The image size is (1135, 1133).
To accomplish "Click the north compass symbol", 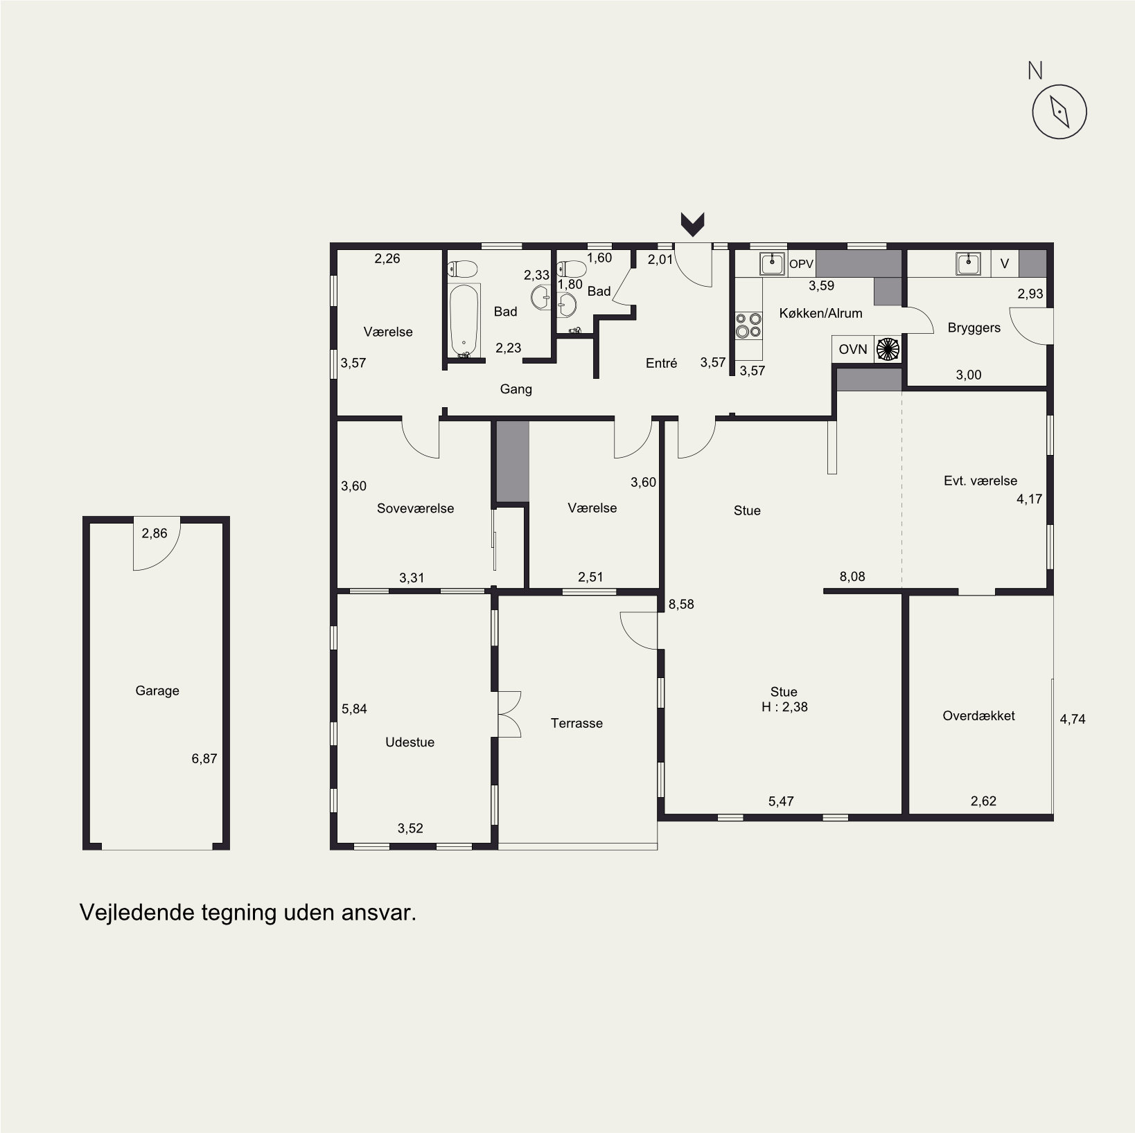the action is (1059, 111).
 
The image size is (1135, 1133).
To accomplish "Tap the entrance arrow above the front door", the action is (693, 223).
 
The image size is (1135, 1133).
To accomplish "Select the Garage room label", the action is (157, 690).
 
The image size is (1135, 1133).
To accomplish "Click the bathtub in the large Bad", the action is (464, 320).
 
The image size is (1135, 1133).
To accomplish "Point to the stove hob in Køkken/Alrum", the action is (748, 325).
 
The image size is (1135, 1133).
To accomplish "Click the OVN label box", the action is (853, 349).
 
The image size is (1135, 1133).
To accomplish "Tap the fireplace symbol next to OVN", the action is (888, 349).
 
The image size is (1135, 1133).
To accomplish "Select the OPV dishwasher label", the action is (801, 264).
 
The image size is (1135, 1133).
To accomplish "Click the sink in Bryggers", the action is (968, 263).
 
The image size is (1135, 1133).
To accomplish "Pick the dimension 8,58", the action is (680, 604).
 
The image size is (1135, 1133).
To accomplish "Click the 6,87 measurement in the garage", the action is (204, 758).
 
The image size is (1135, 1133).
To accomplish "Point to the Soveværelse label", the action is (416, 508).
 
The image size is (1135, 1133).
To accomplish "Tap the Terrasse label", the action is (577, 723).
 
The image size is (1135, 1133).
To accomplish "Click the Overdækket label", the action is (978, 716).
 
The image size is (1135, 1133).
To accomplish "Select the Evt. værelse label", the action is (980, 481).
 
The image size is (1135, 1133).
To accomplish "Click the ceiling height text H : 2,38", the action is (784, 707).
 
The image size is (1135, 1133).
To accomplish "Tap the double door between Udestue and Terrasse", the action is (510, 714).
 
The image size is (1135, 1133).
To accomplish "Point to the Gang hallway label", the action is (516, 389).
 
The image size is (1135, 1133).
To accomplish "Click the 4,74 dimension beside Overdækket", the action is (1073, 719).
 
